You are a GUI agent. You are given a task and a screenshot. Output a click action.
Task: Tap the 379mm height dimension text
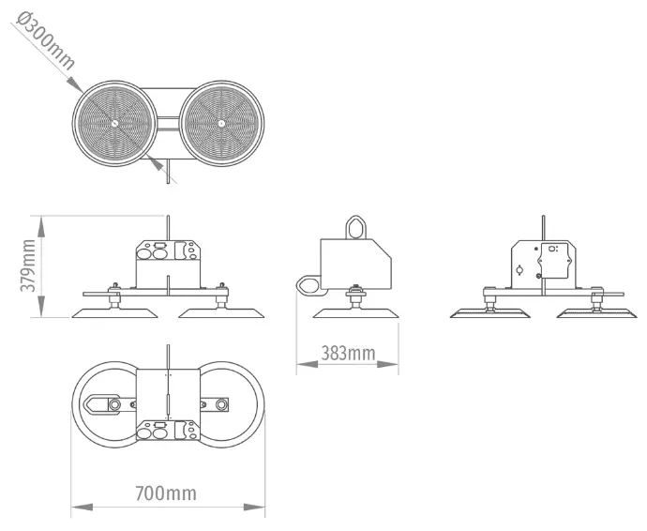pyautogui.click(x=28, y=265)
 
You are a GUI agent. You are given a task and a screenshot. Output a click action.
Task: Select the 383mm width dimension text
pyautogui.click(x=347, y=353)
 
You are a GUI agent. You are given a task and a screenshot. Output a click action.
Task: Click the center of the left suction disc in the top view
pyautogui.click(x=113, y=123)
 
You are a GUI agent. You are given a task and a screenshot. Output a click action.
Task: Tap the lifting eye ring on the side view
pyautogui.click(x=357, y=226)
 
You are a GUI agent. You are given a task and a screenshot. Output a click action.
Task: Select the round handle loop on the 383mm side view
pyautogui.click(x=308, y=283)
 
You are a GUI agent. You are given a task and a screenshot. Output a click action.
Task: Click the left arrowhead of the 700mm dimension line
pyautogui.click(x=77, y=508)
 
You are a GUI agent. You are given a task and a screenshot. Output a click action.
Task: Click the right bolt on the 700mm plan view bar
pyautogui.click(x=223, y=404)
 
